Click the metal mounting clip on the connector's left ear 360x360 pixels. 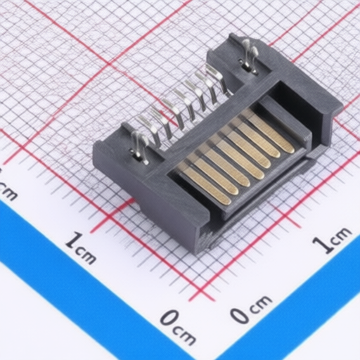tap(138, 145)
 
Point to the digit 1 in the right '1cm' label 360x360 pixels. tap(321, 245)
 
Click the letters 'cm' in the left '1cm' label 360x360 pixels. tap(87, 255)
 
